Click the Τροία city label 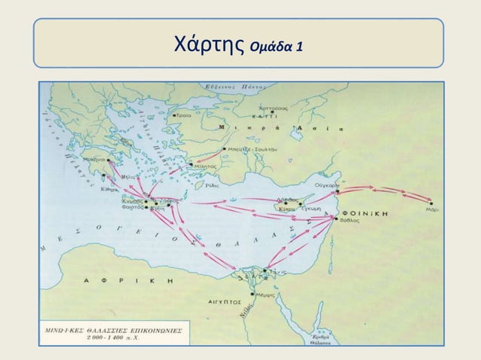pyautogui.click(x=183, y=116)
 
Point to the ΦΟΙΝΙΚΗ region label pyautogui.click(x=366, y=214)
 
